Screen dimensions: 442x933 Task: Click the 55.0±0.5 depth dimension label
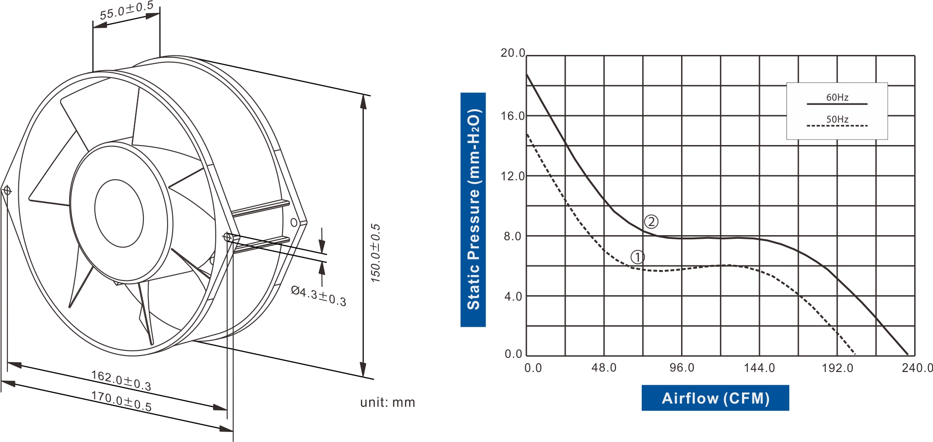pos(126,11)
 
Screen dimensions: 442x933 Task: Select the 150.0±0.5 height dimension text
pos(376,253)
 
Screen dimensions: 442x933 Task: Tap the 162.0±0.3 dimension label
pos(121,380)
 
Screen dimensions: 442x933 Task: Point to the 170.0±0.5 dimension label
pos(121,401)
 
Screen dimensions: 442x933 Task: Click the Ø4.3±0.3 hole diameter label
pos(319,296)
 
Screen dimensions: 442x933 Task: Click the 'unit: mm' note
pos(387,402)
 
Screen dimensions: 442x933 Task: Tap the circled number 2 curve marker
pos(651,222)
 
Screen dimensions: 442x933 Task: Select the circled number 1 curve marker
pos(638,257)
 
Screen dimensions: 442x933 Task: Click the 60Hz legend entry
pos(837,97)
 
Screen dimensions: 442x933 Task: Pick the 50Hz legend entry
pos(837,119)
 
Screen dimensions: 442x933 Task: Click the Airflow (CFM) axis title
pos(715,398)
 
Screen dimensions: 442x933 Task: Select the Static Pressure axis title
pos(473,210)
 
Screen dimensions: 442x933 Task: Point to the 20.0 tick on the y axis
pos(513,53)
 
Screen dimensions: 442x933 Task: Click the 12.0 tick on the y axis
pos(513,176)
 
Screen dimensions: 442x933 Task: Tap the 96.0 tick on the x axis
pos(682,368)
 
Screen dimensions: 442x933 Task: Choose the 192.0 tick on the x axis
pos(837,368)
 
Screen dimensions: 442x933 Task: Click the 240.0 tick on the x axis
pos(917,368)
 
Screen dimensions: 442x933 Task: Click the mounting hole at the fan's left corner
pos(7,190)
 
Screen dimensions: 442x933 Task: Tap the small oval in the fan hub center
pos(119,213)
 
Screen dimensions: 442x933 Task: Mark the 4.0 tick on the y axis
pos(513,296)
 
